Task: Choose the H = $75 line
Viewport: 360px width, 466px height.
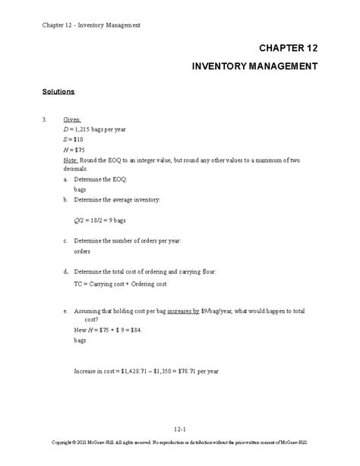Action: pyautogui.click(x=74, y=151)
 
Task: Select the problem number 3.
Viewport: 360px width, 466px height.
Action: pyautogui.click(x=45, y=120)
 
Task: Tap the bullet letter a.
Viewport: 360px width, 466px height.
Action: pyautogui.click(x=65, y=179)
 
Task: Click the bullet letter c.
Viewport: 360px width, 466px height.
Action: pyautogui.click(x=65, y=240)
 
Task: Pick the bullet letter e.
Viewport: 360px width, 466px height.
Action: pyautogui.click(x=65, y=310)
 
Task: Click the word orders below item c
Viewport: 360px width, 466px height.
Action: pyautogui.click(x=82, y=250)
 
